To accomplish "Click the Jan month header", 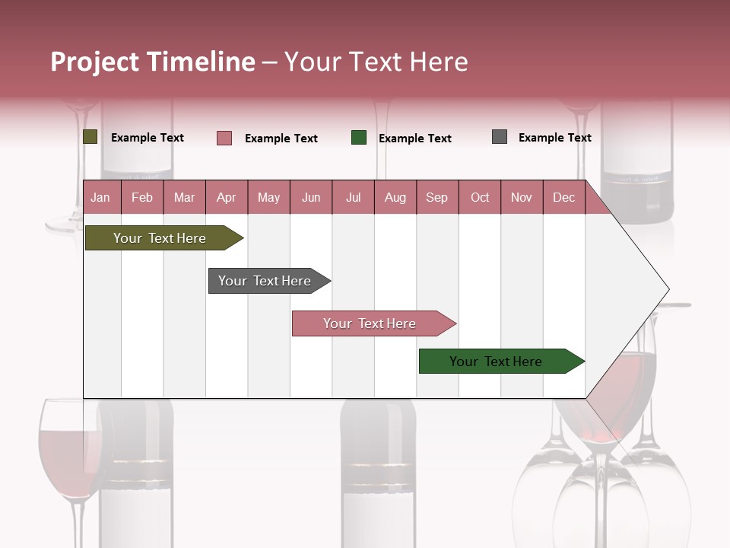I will pos(101,197).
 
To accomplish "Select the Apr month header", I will pos(227,197).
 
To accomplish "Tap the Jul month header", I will pos(353,197).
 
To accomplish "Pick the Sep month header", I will pos(437,197).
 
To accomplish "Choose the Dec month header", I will pos(563,197).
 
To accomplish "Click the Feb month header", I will pos(142,197).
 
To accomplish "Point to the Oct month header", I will pos(480,197).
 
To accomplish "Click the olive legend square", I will pos(90,137).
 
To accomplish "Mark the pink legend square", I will pos(224,138).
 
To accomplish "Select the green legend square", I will pos(359,138).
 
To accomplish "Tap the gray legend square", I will pos(500,137).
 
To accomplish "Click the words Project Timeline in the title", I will pos(153,62).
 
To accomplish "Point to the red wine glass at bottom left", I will pos(67,453).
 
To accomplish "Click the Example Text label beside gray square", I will pos(554,138).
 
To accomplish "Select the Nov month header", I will pos(522,197).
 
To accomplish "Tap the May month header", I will pos(268,197).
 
